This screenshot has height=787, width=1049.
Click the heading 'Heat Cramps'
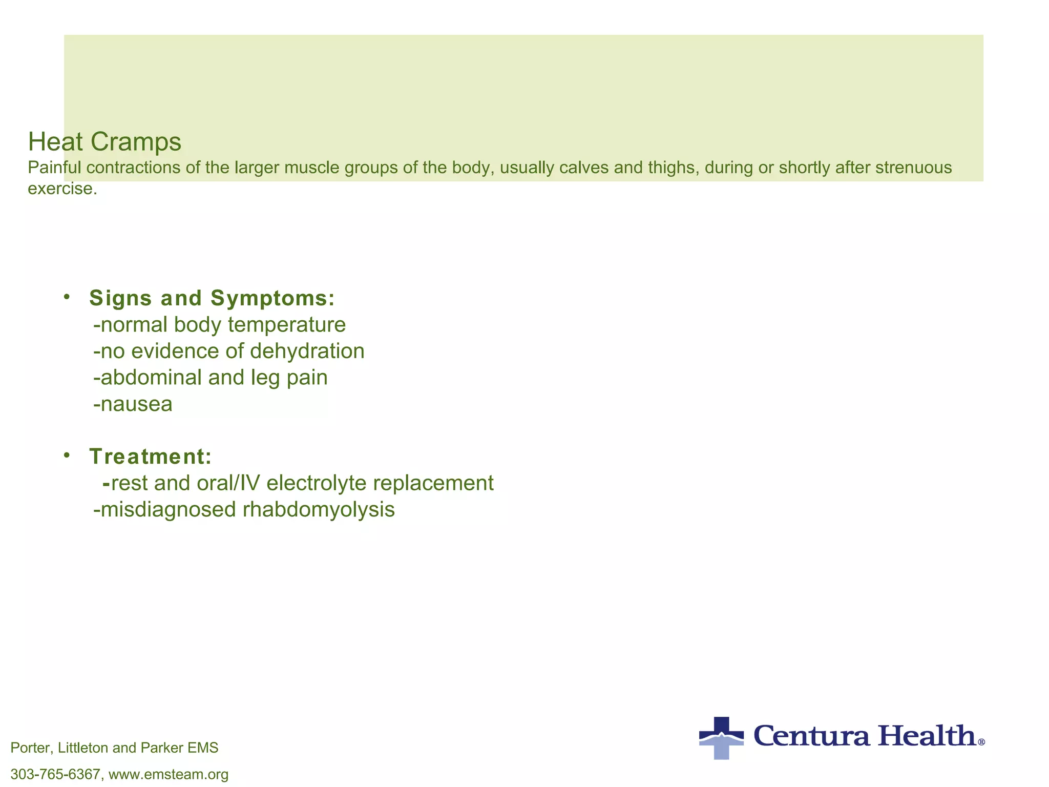tap(104, 141)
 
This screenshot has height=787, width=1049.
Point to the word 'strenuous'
tap(914, 168)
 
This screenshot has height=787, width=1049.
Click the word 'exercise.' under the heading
tap(62, 189)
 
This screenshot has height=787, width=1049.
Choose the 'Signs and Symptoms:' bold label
tap(212, 298)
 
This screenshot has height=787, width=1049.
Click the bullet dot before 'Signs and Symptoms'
tap(67, 297)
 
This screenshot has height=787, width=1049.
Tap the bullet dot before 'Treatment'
tap(67, 455)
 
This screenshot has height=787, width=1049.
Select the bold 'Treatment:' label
tap(151, 457)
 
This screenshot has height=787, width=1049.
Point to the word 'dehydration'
tap(307, 351)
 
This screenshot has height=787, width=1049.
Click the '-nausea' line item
tap(133, 404)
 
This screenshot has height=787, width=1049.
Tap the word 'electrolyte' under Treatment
tap(316, 483)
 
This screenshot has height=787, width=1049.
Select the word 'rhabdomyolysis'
tap(319, 510)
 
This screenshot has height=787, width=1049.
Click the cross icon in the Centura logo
tap(721, 738)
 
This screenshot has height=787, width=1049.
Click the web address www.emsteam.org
tap(169, 774)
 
